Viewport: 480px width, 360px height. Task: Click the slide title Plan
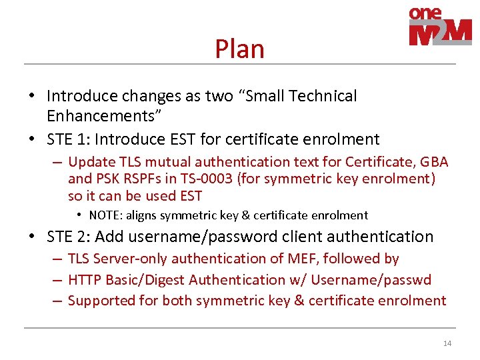click(239, 49)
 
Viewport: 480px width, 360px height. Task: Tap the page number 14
click(447, 343)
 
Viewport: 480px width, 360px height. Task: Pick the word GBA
click(434, 162)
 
